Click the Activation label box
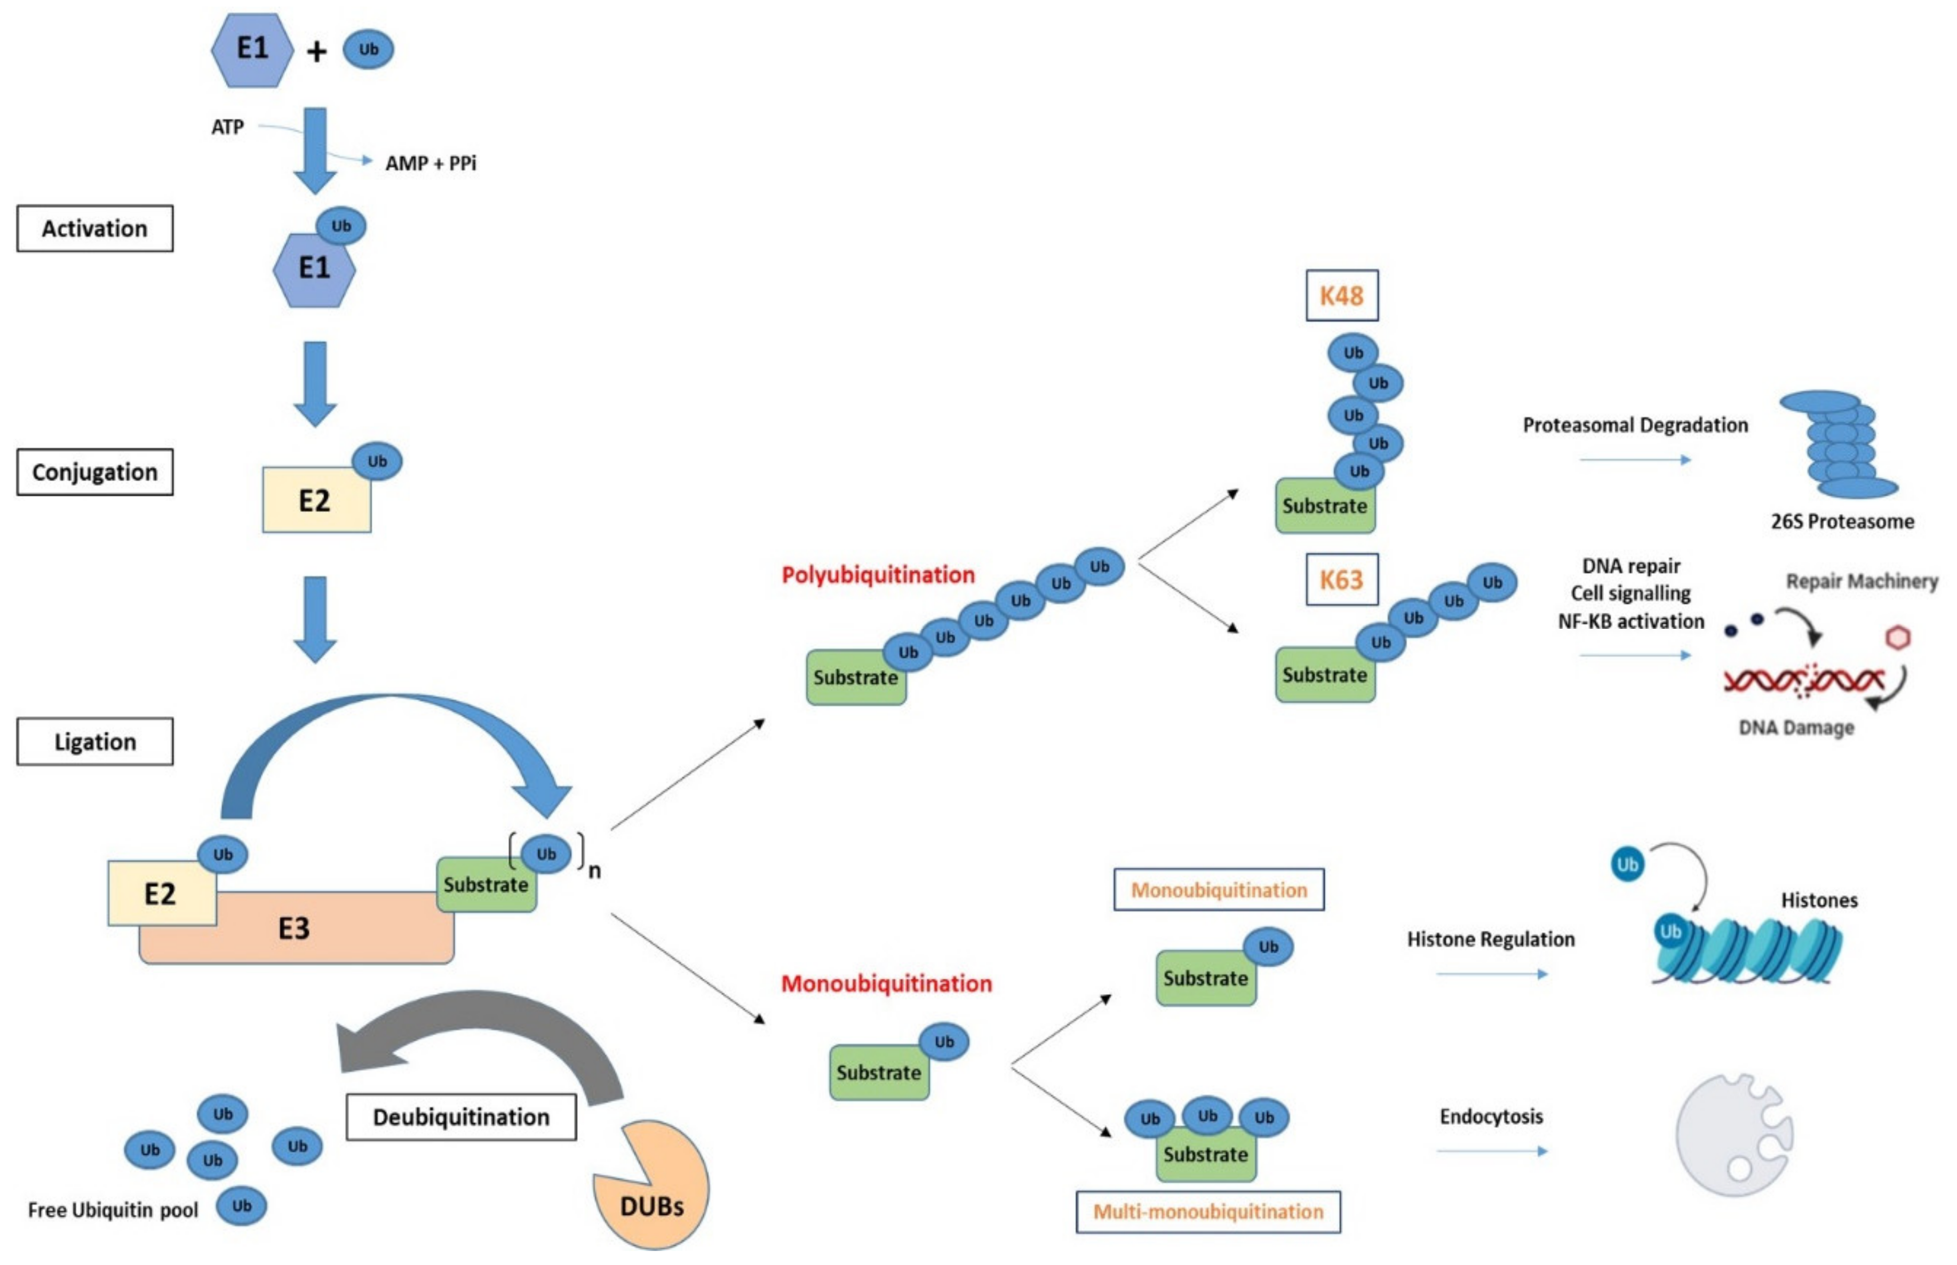[94, 228]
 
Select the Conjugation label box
[94, 473]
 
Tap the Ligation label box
[94, 742]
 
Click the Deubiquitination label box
[461, 1117]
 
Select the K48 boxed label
[1342, 295]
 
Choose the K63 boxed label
[1342, 580]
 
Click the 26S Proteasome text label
[1842, 522]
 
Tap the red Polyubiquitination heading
[878, 575]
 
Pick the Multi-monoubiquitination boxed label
[1208, 1212]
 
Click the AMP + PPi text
[431, 164]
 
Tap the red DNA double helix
[1803, 680]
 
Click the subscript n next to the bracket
[594, 871]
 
